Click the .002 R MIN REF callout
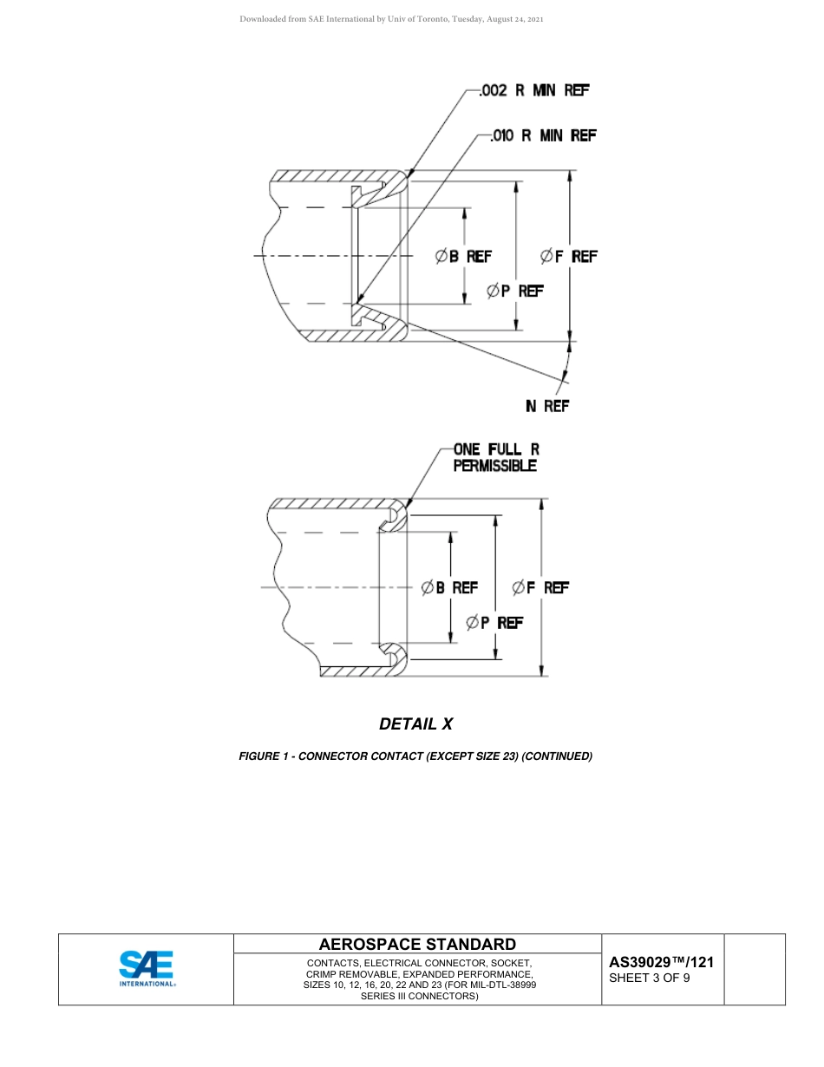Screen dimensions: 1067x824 pyautogui.click(x=534, y=90)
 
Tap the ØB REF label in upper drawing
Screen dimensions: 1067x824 pyautogui.click(x=463, y=256)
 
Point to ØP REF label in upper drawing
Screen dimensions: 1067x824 pyautogui.click(x=515, y=291)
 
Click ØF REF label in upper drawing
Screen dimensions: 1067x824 pyautogui.click(x=568, y=256)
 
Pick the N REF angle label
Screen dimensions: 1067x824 pyautogui.click(x=546, y=406)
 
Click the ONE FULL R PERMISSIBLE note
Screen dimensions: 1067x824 pyautogui.click(x=495, y=457)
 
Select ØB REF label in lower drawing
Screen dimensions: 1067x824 pyautogui.click(x=449, y=587)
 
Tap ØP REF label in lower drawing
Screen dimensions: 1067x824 pyautogui.click(x=494, y=622)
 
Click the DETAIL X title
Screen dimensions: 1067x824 pyautogui.click(x=415, y=723)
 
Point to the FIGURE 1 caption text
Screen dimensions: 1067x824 pyautogui.click(x=415, y=756)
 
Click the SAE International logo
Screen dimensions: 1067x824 pyautogui.click(x=147, y=969)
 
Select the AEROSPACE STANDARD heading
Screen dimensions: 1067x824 pyautogui.click(x=417, y=944)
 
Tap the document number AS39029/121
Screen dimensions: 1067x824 pyautogui.click(x=661, y=962)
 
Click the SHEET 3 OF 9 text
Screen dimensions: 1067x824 pyautogui.click(x=650, y=979)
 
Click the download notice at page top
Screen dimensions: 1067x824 pyautogui.click(x=391, y=19)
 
